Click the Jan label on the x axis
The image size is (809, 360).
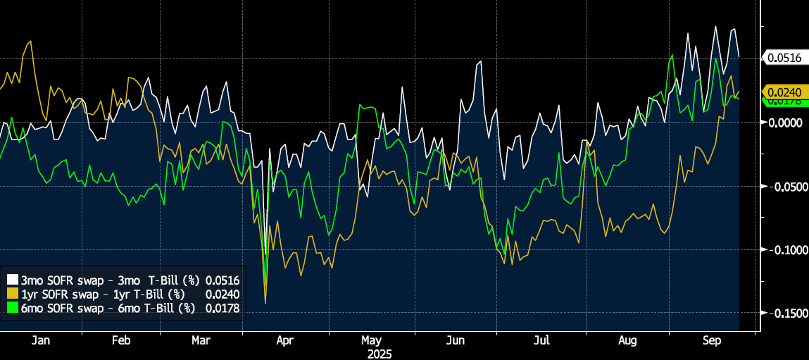[x=41, y=341]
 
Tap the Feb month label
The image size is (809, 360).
[x=121, y=341]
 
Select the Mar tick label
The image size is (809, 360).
[x=201, y=341]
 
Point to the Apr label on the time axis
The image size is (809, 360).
[x=284, y=341]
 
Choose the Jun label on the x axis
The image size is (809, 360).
[x=456, y=341]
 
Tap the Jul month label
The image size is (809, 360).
[x=541, y=341]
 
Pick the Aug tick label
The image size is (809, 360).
[x=627, y=341]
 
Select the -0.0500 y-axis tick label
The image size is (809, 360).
[x=784, y=187]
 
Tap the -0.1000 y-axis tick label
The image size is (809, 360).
[x=784, y=250]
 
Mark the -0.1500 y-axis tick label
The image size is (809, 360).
[x=784, y=314]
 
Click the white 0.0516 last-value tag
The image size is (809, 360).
[x=784, y=58]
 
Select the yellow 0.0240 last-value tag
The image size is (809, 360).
[x=784, y=91]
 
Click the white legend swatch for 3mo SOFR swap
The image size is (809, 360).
[x=12, y=280]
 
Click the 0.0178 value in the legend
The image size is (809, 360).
[x=222, y=307]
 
